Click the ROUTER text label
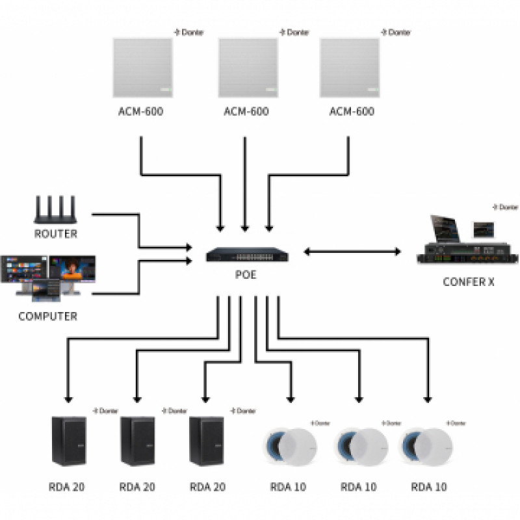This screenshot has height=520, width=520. point(55,233)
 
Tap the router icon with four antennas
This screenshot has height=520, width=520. point(55,211)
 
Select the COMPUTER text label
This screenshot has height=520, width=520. point(47,317)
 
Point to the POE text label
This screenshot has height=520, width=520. point(245,275)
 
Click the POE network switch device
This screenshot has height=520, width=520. point(245,254)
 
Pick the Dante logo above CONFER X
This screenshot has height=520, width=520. point(505,207)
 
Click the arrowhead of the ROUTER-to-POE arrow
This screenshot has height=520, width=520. point(190,248)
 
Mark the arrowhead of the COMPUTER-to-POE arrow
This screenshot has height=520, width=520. point(190,261)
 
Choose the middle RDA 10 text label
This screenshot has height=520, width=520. point(359,486)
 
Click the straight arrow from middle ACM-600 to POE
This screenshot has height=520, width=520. point(245,182)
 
